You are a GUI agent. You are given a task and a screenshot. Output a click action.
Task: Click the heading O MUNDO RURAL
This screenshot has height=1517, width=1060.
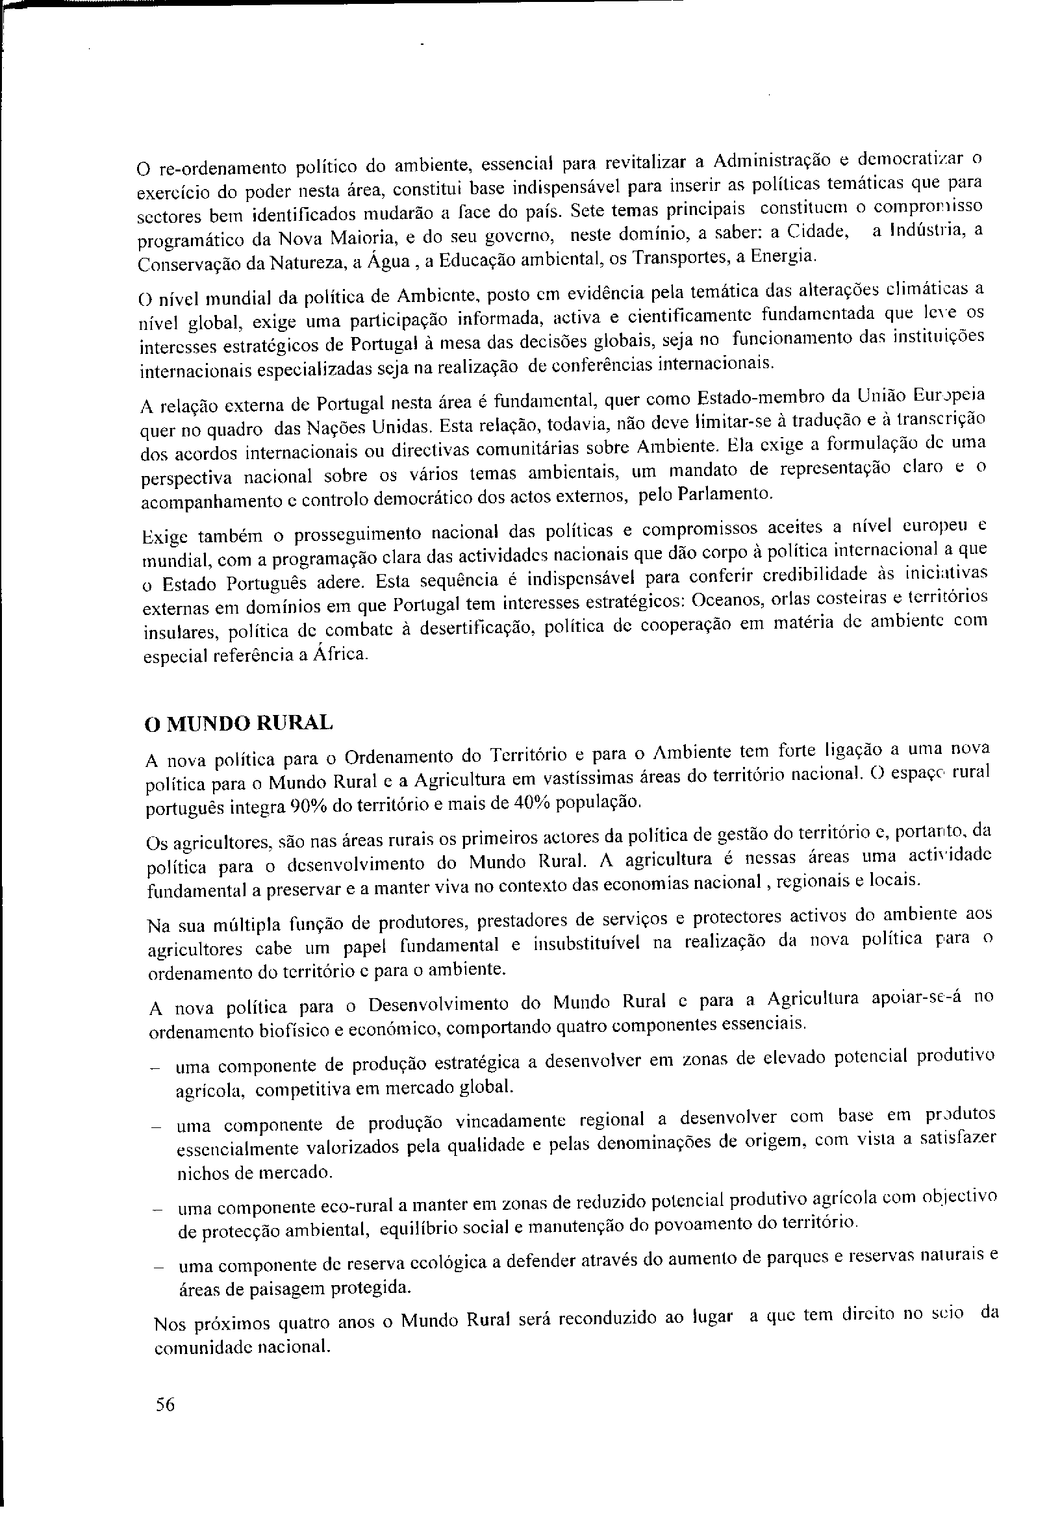[238, 723]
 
